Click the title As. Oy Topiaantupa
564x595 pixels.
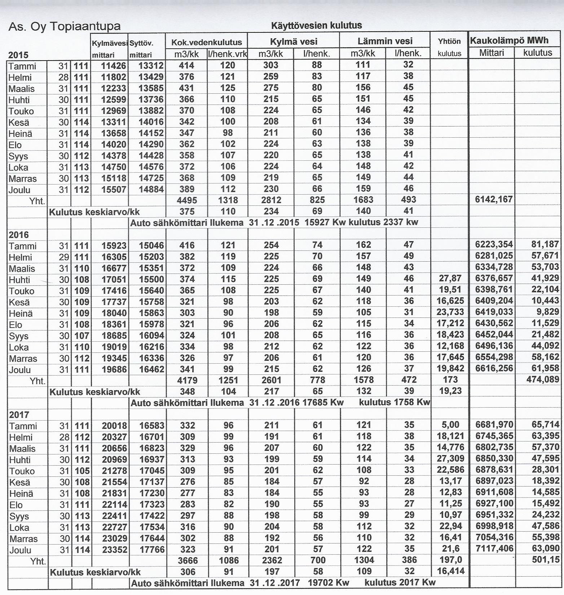[x=64, y=27]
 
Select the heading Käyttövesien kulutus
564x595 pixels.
[x=316, y=26]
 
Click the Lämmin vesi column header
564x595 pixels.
[x=385, y=41]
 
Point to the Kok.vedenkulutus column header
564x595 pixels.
[x=206, y=42]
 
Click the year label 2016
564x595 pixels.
[x=18, y=235]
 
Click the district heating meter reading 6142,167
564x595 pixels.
[x=494, y=199]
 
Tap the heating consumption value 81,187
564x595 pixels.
[x=545, y=244]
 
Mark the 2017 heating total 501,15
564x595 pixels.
[x=546, y=560]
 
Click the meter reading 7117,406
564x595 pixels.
[x=494, y=549]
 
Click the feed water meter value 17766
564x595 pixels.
[x=152, y=549]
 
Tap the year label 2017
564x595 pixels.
[x=19, y=414]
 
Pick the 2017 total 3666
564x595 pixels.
[x=188, y=560]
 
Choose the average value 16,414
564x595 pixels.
[x=450, y=571]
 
